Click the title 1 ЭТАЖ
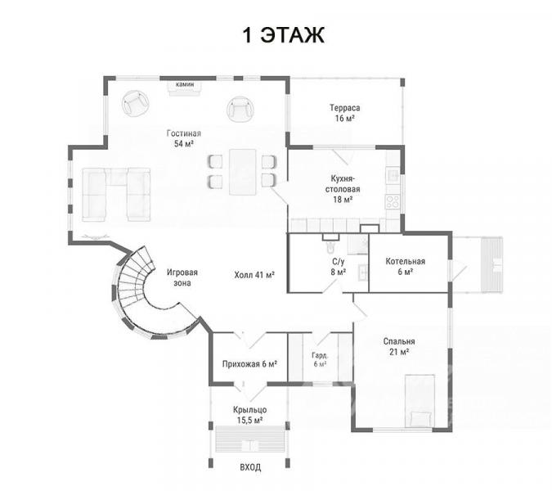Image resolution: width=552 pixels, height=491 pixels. point(284,35)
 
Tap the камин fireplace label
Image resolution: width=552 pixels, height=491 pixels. point(185,84)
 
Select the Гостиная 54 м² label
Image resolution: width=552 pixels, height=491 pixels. point(184,138)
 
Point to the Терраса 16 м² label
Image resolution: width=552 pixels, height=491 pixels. point(344,113)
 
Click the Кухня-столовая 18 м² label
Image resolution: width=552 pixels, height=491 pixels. point(343,189)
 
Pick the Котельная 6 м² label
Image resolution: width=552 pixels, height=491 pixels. point(405,266)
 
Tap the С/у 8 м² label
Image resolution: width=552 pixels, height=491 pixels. point(339,267)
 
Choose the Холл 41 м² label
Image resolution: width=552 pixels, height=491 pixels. point(254,275)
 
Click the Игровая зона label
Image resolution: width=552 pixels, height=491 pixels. point(182,277)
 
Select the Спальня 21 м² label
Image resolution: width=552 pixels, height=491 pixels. point(399,346)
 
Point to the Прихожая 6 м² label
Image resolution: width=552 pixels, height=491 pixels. point(249,364)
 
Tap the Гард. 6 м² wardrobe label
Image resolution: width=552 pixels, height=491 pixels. point(320,359)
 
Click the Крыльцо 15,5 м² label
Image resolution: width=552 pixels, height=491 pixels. point(250,415)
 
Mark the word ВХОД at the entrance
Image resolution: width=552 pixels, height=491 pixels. point(250,467)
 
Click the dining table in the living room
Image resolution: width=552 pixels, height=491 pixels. point(243,172)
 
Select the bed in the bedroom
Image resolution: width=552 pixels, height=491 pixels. point(420,400)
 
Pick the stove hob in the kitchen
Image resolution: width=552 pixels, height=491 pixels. point(393,202)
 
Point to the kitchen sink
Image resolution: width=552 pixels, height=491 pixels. point(393,174)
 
